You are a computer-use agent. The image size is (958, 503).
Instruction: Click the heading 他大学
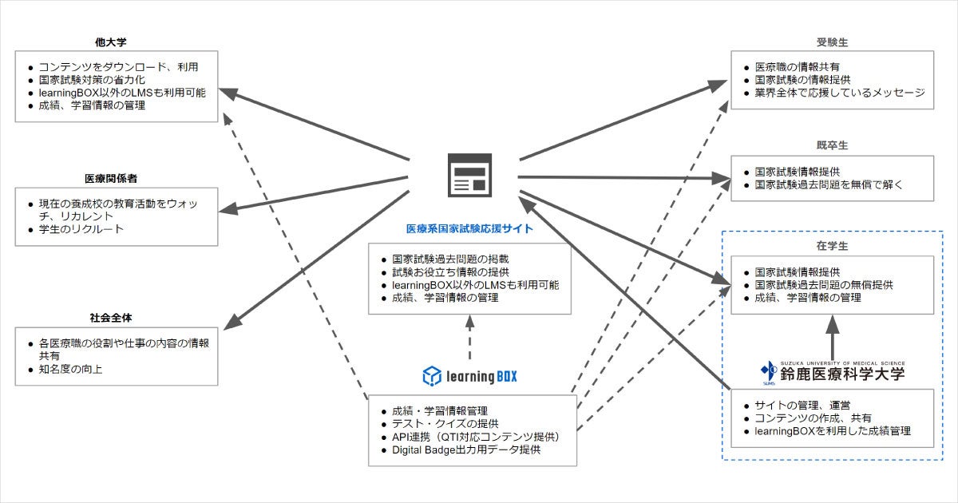pos(117,42)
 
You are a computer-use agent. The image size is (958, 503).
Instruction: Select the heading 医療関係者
pos(117,178)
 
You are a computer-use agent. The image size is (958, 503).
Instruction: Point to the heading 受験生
pos(832,42)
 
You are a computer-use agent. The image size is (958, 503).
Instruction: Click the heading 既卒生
pos(832,145)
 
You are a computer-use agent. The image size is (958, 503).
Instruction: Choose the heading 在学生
pos(832,245)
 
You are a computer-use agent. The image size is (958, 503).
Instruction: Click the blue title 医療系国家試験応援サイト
pos(469,228)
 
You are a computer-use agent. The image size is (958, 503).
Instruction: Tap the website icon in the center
pos(469,175)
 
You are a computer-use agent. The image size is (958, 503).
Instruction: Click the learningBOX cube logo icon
pos(432,374)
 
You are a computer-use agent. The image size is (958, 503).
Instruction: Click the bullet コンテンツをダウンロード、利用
pos(117,66)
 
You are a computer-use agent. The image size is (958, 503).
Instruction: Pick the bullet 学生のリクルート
pos(81,230)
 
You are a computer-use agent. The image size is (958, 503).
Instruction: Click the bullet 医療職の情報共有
pos(797,66)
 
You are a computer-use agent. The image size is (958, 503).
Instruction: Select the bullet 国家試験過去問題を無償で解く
pos(828,184)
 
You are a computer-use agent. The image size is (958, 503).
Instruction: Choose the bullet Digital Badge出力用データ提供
pos(465,450)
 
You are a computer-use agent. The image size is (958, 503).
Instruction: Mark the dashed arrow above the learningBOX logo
pos(469,337)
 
